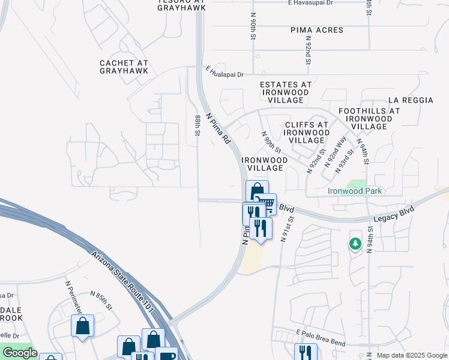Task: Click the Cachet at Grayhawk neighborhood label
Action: [124, 66]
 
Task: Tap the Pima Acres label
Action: [317, 30]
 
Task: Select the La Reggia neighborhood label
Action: [411, 100]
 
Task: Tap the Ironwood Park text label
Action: [355, 191]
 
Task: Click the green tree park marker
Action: [355, 244]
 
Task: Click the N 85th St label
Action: [101, 300]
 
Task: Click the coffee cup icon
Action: [166, 355]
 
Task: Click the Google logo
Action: [20, 353]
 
